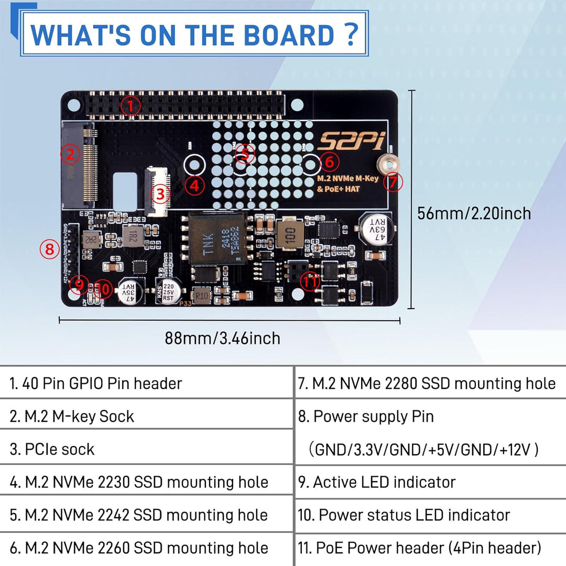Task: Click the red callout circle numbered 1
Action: tap(130, 106)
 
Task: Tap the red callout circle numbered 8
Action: tap(49, 249)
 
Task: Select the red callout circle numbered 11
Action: tap(310, 281)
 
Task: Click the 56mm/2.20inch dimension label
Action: tap(474, 213)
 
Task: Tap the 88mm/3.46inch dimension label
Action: tap(222, 338)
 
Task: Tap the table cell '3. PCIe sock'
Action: tap(147, 449)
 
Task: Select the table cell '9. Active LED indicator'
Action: tap(430, 482)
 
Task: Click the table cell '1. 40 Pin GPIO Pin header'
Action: tap(147, 383)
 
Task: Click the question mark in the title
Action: tap(352, 34)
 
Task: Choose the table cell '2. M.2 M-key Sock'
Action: tap(147, 416)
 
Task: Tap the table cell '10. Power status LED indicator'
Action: tap(430, 515)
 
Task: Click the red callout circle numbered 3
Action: tap(160, 194)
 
